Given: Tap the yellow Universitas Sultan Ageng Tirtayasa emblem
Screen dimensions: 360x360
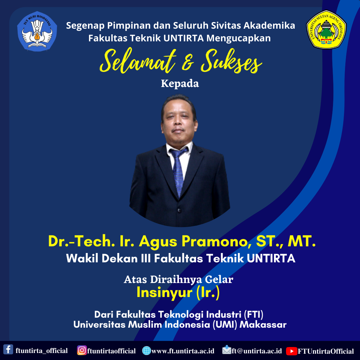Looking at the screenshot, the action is [326, 29].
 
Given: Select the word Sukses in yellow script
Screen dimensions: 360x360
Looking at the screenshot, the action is [231, 61].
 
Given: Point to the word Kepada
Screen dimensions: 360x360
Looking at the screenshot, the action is [180, 83].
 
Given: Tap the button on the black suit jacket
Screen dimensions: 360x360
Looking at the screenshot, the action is [180, 210].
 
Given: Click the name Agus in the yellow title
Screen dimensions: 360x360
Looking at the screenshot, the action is [158, 242].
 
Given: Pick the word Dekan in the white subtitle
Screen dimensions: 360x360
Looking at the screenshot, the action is [120, 258].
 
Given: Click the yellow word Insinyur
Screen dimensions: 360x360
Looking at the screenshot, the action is [164, 293].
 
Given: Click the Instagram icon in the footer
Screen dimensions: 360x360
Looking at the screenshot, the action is [82, 350].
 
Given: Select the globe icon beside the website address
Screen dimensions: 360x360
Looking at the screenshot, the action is [146, 351].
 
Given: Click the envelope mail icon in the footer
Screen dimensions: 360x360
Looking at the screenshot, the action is [227, 350].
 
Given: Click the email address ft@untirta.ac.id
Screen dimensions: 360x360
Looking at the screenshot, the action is [257, 351].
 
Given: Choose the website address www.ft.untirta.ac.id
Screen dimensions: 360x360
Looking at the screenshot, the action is [183, 351].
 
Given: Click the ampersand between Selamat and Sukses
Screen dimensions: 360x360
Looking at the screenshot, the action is [188, 64].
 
